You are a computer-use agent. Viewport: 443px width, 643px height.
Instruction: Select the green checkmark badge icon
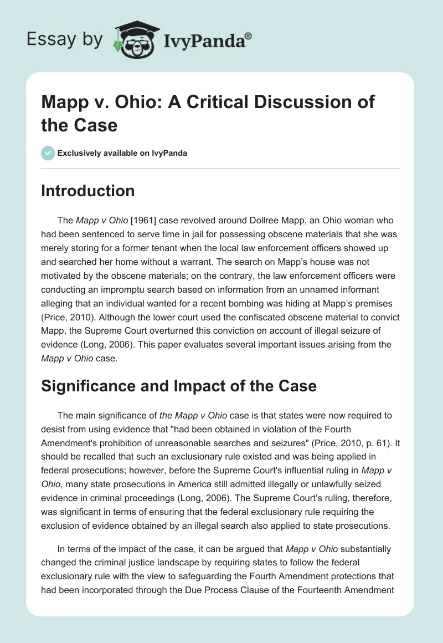pos(48,153)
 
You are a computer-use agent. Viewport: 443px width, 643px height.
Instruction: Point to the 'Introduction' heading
pos(87,191)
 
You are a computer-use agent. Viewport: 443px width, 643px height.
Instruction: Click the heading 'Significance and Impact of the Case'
pos(178,386)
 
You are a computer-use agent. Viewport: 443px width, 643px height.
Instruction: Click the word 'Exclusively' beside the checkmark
pos(81,153)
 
